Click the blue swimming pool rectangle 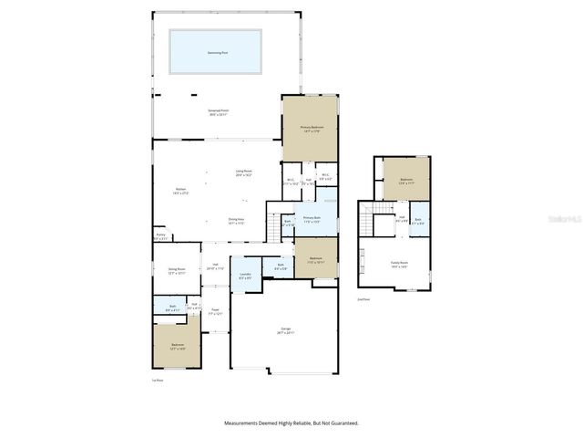coord(215,51)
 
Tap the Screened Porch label coord(216,112)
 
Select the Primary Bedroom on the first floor coord(310,129)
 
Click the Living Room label coord(243,172)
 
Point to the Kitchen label coord(180,191)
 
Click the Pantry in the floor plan coord(160,236)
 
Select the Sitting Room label coord(176,270)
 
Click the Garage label coord(285,330)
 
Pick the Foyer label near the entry coord(216,311)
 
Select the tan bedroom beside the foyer coord(177,346)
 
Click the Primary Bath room coord(312,219)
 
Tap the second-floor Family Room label coord(399,265)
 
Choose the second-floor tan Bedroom coord(405,181)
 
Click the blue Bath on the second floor coord(418,220)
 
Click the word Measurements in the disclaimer coord(246,422)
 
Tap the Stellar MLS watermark coord(564,220)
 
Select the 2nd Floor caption coord(363,298)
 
